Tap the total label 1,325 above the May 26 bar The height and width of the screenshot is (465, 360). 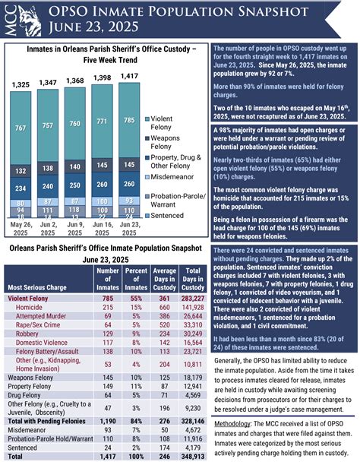point(21,83)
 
